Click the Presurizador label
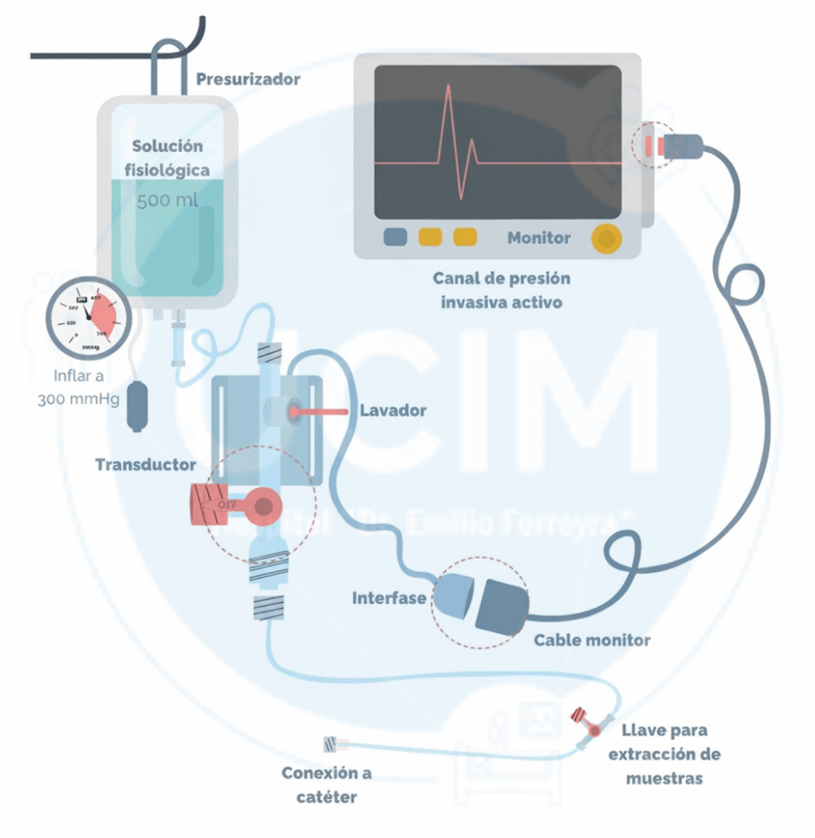(x=248, y=80)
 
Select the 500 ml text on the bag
(x=167, y=201)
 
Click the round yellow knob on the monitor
(x=606, y=238)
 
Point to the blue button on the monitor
(x=395, y=237)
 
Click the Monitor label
(x=538, y=238)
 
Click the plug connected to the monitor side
(x=681, y=146)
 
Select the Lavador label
(x=393, y=410)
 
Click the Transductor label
(x=145, y=465)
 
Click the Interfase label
(x=388, y=598)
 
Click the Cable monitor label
(x=591, y=640)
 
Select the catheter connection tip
(x=331, y=744)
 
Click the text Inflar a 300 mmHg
(x=79, y=387)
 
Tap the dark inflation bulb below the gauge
(x=137, y=406)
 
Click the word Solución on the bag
(x=167, y=146)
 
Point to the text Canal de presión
(x=501, y=278)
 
